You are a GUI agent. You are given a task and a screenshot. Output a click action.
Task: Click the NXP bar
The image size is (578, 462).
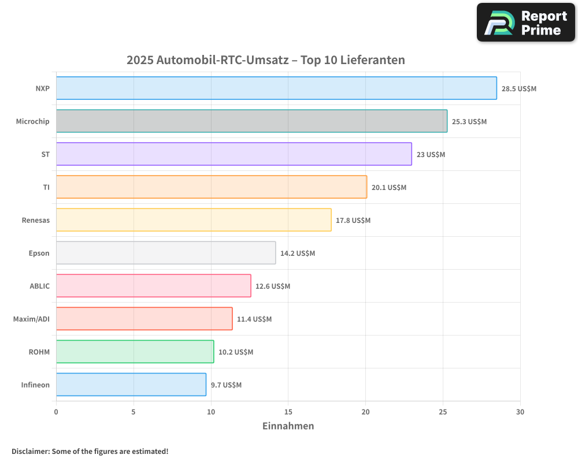[276, 88]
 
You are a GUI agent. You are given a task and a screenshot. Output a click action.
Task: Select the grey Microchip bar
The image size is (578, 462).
[251, 121]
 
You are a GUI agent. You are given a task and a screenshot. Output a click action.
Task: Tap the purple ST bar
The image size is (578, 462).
[234, 154]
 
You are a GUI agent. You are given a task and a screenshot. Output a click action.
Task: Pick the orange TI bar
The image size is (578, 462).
[211, 187]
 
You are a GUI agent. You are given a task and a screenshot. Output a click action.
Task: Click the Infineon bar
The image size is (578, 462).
[131, 385]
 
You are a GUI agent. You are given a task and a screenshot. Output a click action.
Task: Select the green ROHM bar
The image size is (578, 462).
[135, 352]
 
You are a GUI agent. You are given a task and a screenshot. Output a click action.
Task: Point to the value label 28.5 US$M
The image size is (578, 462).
[519, 89]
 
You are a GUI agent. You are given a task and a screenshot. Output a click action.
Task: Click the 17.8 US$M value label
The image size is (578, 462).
[353, 221]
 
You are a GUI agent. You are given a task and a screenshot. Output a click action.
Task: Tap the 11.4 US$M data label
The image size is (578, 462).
[254, 319]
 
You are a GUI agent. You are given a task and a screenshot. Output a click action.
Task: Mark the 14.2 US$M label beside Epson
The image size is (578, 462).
[298, 254]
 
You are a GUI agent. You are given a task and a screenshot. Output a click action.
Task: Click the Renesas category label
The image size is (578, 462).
[36, 221]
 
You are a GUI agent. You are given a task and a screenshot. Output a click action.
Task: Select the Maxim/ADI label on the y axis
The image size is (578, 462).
[31, 319]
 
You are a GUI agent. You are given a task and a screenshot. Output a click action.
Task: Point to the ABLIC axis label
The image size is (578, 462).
[39, 286]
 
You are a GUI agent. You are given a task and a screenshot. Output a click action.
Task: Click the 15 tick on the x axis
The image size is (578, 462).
[288, 412]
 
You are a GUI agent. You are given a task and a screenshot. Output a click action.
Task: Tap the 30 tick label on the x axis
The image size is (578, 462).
[520, 412]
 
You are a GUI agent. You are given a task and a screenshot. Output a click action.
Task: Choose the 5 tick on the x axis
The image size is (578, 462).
[134, 412]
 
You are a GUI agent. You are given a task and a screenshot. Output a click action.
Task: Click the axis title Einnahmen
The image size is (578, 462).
[288, 426]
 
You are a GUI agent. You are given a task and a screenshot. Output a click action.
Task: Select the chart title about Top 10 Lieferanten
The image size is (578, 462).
[266, 60]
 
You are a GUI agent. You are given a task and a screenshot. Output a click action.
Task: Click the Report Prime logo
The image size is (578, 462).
[525, 23]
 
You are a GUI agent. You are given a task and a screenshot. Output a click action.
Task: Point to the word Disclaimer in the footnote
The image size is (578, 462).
[30, 452]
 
